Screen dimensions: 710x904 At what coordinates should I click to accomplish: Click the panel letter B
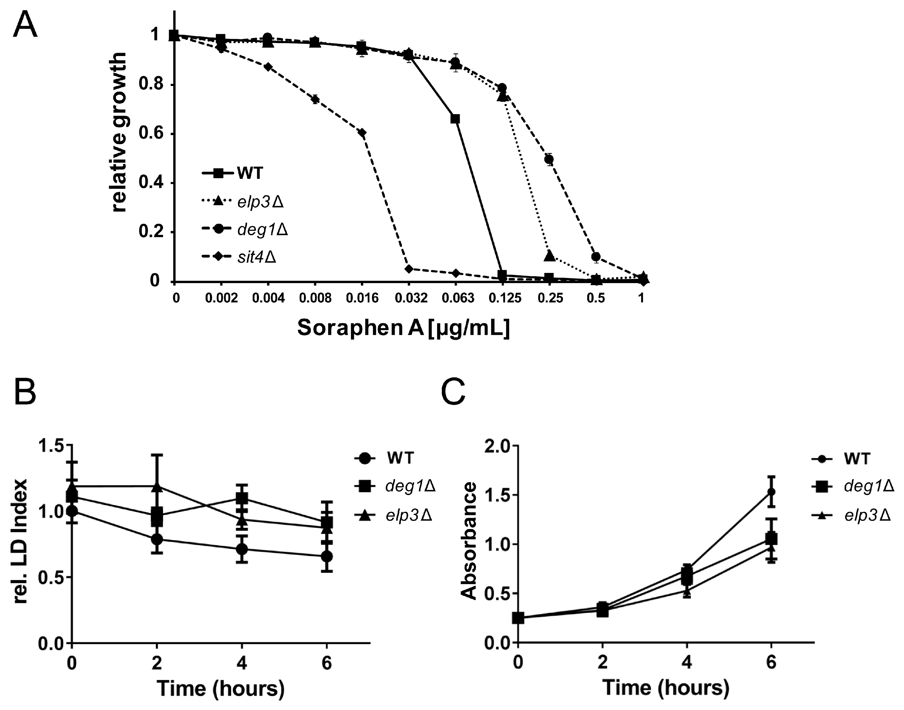pos(25,392)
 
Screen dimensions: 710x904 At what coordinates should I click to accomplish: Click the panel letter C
pos(453,392)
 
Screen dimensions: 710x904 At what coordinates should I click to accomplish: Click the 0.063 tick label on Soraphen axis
pos(456,298)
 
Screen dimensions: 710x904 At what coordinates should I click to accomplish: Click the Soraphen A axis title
pos(403,328)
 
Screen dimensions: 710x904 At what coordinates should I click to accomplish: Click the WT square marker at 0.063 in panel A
pos(455,119)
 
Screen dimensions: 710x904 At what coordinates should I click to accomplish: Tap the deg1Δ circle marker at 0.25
pos(549,159)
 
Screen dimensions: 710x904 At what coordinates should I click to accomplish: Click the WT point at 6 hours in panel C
pos(771,492)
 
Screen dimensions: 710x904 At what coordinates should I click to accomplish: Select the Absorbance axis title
pos(469,540)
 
